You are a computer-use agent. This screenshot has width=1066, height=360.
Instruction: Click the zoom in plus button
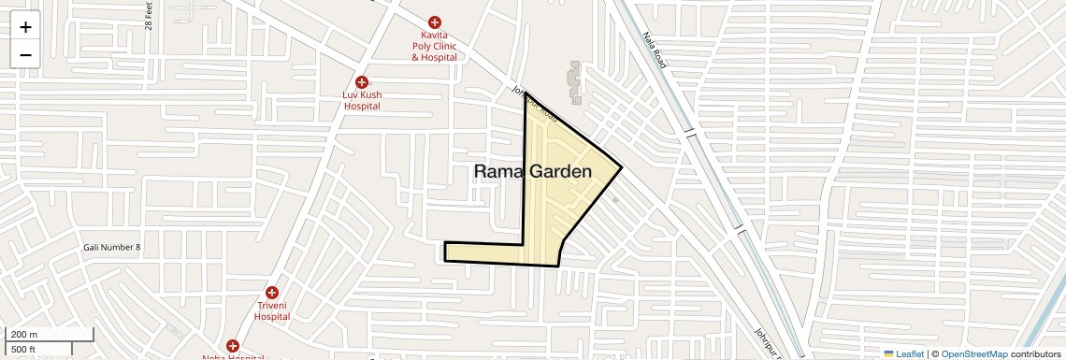[25, 26]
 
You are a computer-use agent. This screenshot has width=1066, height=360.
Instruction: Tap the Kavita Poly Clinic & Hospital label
[434, 46]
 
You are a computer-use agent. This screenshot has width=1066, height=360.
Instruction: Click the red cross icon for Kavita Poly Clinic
[434, 22]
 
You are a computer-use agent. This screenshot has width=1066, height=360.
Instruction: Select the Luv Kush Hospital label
[362, 100]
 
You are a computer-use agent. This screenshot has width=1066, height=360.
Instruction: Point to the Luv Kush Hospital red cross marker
[362, 82]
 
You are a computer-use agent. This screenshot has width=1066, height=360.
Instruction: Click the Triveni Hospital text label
[272, 310]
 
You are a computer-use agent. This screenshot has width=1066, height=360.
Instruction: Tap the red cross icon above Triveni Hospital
[272, 293]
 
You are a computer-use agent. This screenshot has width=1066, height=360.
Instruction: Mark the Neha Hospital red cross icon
[232, 346]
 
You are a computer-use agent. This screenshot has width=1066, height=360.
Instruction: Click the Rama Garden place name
[533, 171]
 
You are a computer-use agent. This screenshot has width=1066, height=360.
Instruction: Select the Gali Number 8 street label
[110, 248]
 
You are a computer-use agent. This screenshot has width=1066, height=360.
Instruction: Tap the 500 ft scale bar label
[23, 350]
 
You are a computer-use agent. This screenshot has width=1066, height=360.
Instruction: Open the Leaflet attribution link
[904, 354]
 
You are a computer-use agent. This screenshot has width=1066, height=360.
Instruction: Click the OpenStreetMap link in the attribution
[974, 354]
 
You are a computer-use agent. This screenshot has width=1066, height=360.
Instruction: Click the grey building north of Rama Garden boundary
[575, 82]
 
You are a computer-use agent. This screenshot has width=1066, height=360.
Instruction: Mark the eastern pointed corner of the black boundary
[621, 168]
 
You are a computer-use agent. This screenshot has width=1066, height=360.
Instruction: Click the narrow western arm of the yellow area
[482, 252]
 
